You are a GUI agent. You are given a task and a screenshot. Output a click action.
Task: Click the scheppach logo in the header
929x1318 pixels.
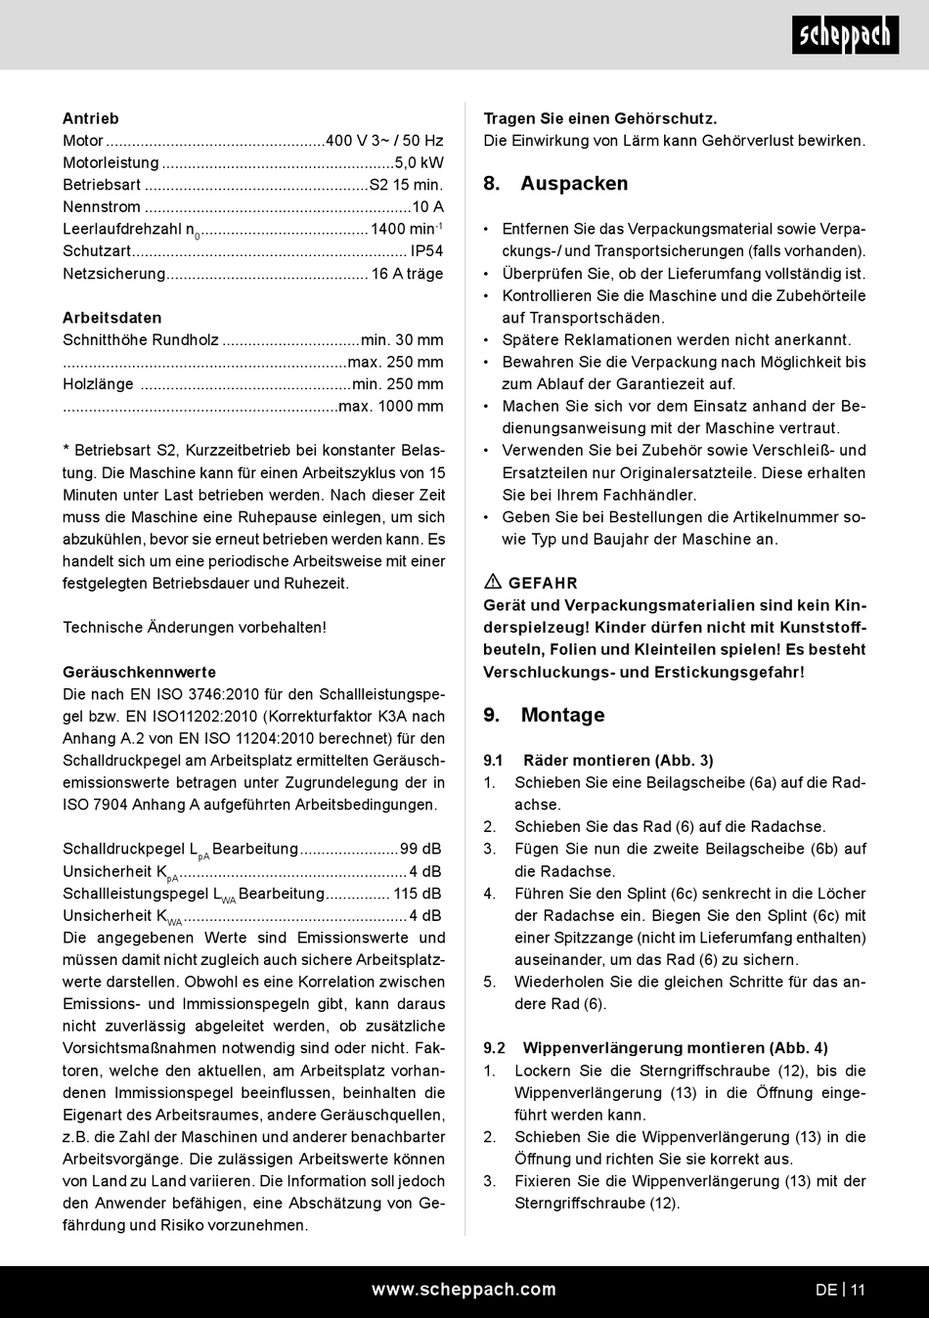845,36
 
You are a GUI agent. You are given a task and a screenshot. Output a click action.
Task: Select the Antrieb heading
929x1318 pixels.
91,118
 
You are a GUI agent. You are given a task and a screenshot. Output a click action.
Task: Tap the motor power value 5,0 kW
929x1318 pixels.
419,163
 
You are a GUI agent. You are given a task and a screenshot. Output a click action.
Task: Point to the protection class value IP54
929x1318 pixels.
426,251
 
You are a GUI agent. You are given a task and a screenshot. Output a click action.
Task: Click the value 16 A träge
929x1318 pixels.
407,274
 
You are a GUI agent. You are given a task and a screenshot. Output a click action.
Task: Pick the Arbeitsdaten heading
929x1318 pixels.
112,318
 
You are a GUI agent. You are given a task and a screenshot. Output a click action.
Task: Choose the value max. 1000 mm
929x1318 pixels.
390,406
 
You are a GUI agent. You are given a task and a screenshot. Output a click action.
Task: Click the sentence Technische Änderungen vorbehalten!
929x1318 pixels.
195,628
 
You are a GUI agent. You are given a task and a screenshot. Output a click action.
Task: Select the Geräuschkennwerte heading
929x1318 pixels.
139,672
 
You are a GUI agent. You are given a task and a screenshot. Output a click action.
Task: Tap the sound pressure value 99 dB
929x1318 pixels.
420,849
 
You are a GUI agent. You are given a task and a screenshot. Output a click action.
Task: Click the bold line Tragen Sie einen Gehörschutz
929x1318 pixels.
600,118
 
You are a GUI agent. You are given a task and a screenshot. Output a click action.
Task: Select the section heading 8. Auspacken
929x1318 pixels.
555,184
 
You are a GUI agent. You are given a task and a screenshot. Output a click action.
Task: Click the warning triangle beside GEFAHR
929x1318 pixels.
493,582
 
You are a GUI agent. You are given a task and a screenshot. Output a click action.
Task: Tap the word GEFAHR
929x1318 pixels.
543,583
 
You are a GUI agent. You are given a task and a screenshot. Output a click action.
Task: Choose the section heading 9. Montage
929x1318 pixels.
544,715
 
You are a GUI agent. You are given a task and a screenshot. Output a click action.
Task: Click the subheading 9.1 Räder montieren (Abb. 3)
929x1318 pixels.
598,760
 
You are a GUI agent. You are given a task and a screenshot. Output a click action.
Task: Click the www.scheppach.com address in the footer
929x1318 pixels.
464,1290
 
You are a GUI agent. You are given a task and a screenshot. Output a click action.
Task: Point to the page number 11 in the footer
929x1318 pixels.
858,1290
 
